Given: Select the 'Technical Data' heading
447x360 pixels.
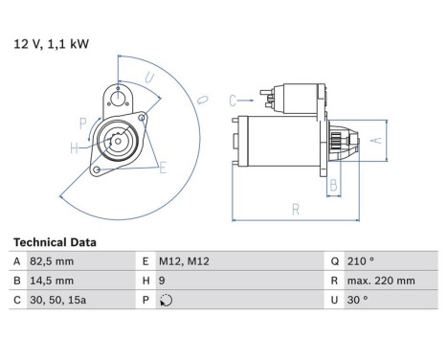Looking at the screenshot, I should pos(54,243).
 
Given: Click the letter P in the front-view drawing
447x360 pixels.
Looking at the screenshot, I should pos(82,123).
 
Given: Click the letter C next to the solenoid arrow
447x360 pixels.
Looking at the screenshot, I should pos(233,99).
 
